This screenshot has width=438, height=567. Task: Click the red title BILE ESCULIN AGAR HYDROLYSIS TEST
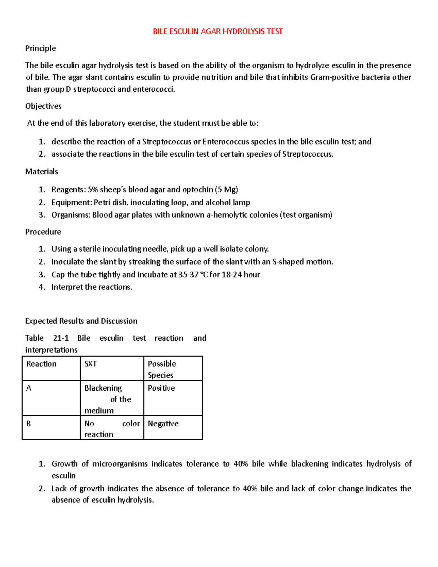(218, 31)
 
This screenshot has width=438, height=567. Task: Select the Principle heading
(41, 48)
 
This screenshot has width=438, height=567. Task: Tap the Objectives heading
(43, 106)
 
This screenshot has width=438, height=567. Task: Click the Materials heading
(42, 171)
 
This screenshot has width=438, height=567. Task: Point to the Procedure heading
(43, 232)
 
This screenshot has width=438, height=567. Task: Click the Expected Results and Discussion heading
(81, 321)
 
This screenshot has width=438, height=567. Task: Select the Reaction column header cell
(51, 368)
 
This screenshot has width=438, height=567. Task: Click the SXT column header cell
(112, 368)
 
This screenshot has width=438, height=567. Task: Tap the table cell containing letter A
(51, 398)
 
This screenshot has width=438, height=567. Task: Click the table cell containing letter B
(51, 428)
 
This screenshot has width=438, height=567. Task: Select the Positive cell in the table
(173, 398)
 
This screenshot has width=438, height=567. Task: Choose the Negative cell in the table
(173, 428)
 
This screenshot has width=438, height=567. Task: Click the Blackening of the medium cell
(112, 399)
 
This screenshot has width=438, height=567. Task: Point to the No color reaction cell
(112, 428)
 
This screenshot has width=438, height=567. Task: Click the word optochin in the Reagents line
(197, 189)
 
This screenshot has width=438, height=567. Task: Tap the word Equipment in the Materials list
(71, 202)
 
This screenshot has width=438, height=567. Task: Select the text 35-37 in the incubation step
(188, 275)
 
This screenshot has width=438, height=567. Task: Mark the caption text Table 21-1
(47, 338)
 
